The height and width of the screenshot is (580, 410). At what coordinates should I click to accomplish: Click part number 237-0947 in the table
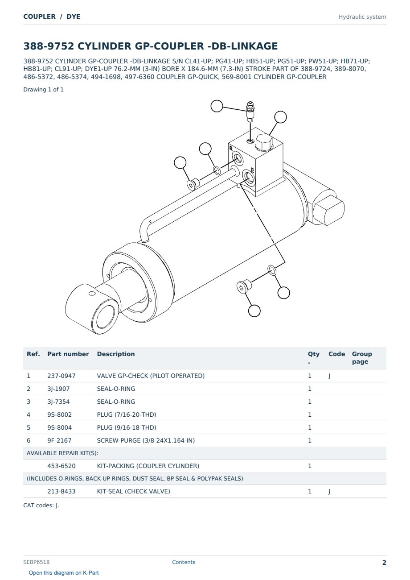[x=61, y=376]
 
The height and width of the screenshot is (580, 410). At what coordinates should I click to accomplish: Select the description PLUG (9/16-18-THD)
[x=127, y=427]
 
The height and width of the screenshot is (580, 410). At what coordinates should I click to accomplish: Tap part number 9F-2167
[x=59, y=440]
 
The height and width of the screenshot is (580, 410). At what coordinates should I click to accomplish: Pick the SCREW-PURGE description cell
[x=146, y=440]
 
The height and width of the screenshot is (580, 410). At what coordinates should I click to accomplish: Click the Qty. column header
[x=313, y=357]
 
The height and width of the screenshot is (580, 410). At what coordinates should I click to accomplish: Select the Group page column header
[x=362, y=357]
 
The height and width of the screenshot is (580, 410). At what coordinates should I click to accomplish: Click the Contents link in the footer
[x=184, y=562]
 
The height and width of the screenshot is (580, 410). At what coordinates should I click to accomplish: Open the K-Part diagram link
[x=64, y=573]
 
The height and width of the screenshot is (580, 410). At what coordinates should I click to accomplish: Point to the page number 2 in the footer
[x=384, y=563]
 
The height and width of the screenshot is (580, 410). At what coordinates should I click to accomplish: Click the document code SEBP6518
[x=36, y=562]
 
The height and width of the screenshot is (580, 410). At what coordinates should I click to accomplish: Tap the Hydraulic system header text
[x=362, y=17]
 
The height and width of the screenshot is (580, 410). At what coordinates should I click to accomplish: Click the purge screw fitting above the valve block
[x=250, y=112]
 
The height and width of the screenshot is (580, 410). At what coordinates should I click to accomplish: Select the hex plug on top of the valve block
[x=264, y=142]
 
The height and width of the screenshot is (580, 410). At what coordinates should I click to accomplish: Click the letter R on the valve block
[x=231, y=148]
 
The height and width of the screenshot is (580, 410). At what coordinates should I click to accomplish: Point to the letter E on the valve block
[x=253, y=170]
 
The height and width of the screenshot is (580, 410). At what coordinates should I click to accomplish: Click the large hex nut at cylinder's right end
[x=329, y=210]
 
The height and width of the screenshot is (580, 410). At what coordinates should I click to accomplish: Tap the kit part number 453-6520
[x=61, y=466]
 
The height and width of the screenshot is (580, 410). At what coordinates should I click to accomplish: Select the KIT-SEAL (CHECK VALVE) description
[x=134, y=492]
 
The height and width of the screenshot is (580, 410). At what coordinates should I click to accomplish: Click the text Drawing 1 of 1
[x=44, y=90]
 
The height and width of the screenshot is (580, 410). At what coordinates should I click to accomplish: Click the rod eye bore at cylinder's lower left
[x=98, y=320]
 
